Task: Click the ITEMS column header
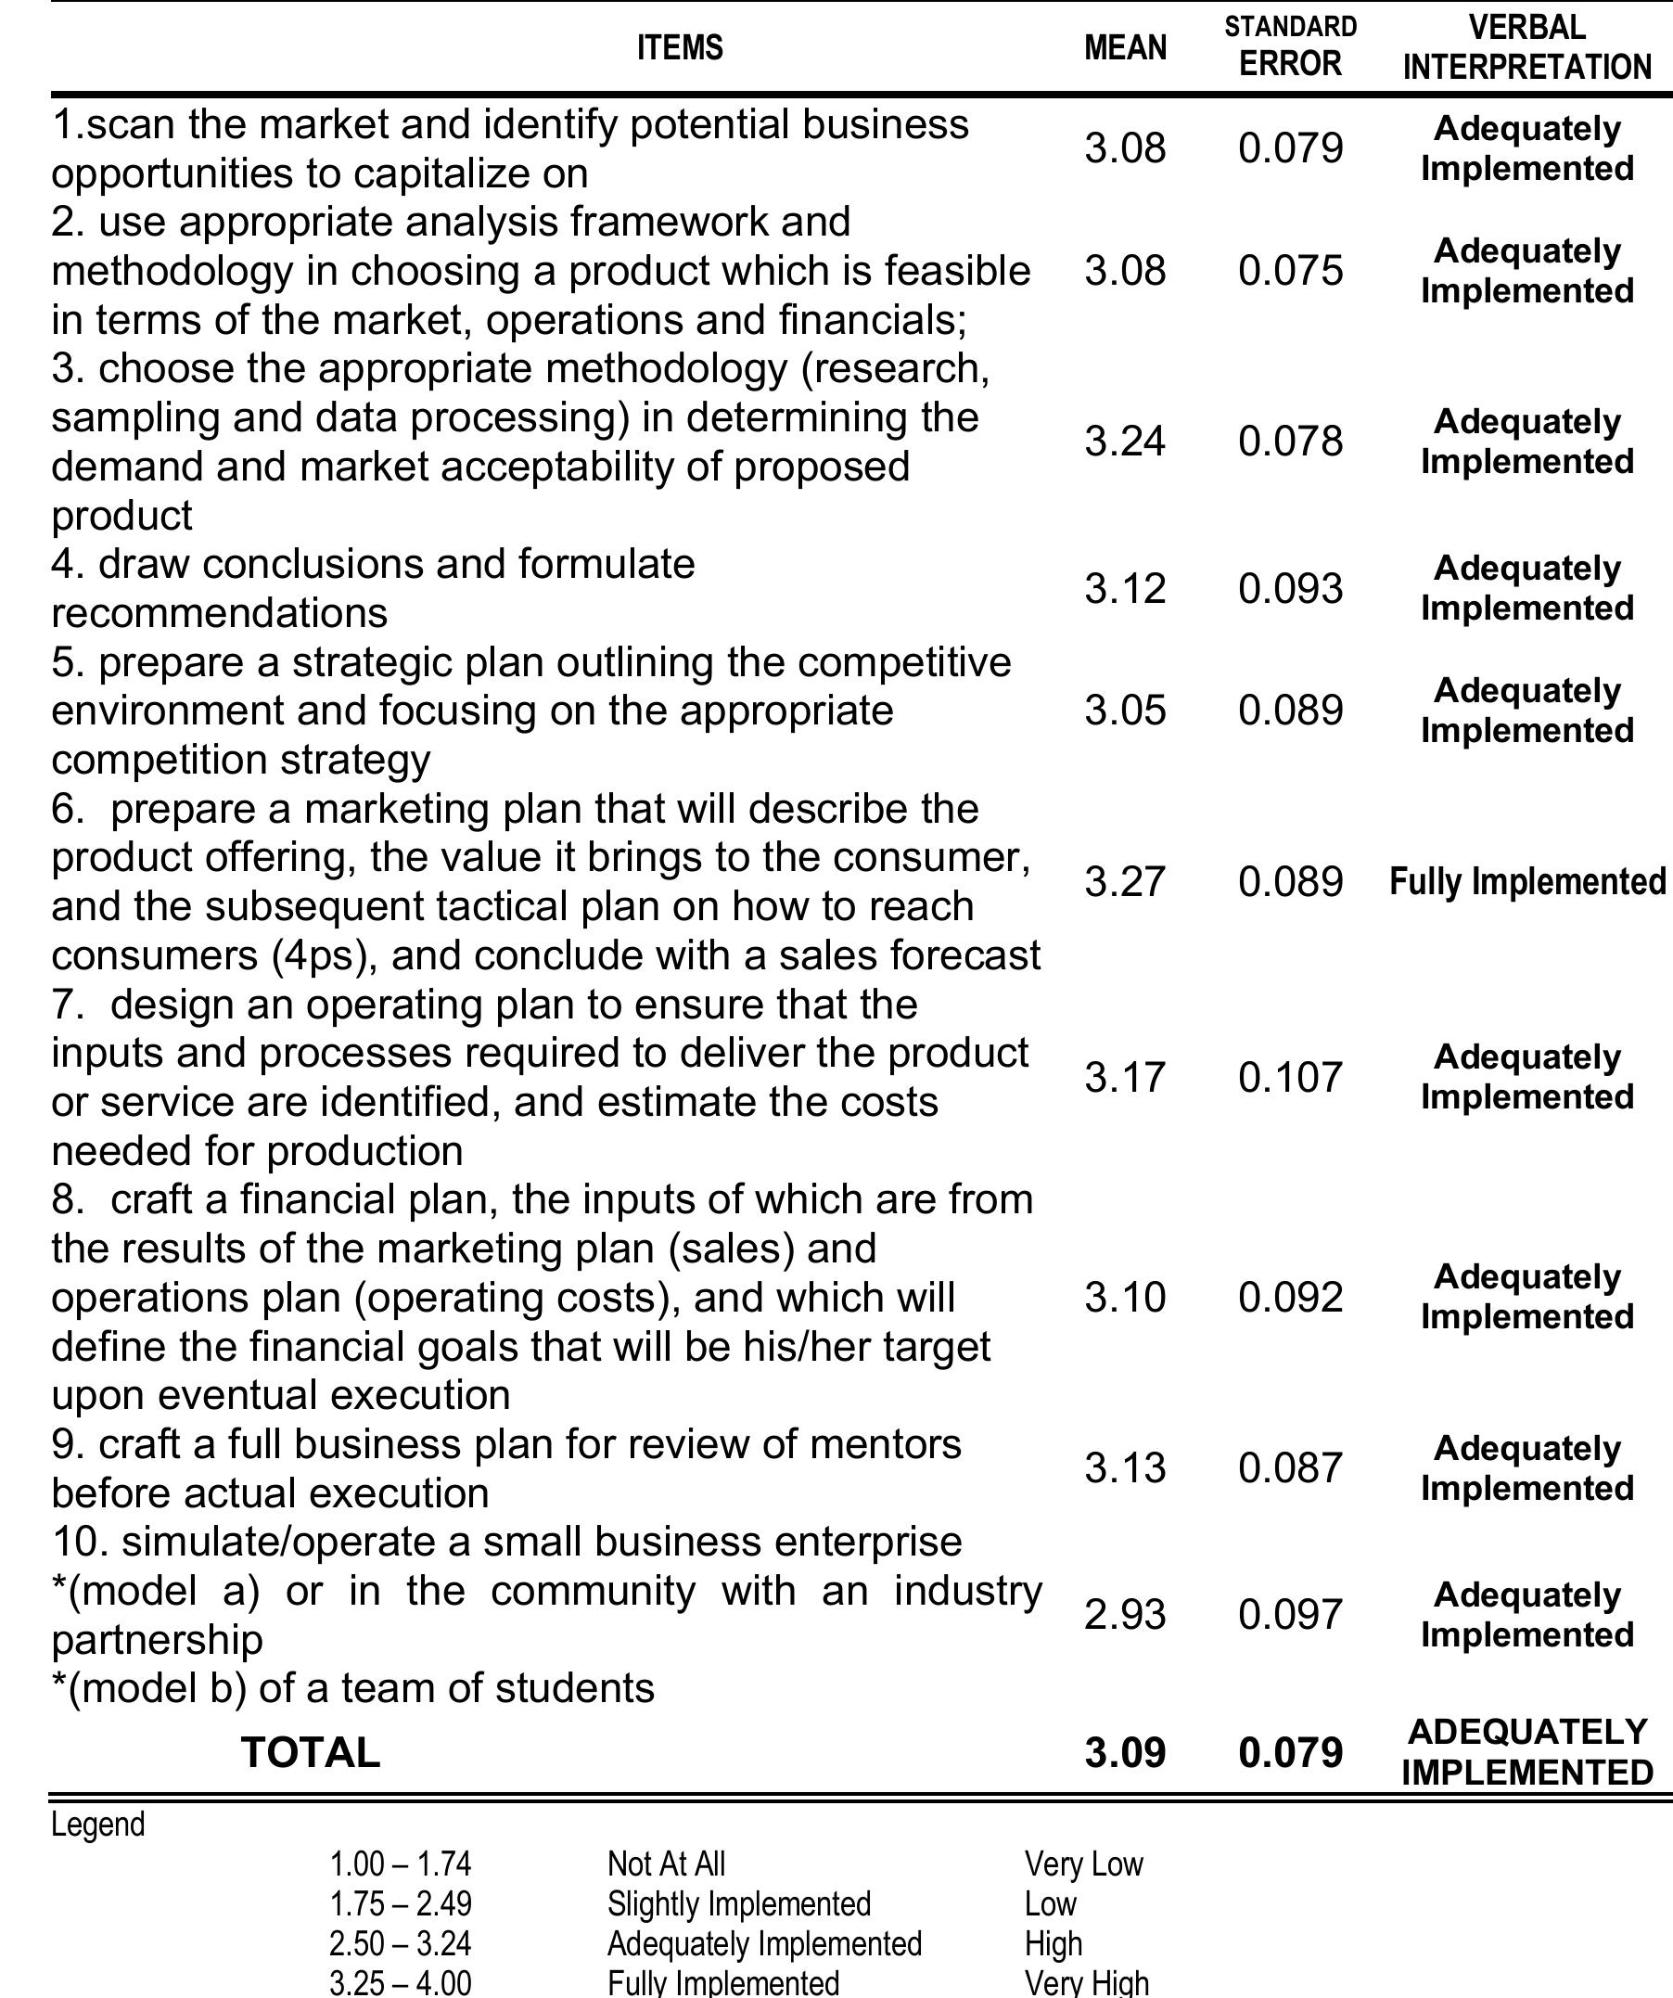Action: (x=679, y=47)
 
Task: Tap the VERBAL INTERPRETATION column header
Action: (x=1526, y=47)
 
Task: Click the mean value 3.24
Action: (x=1124, y=442)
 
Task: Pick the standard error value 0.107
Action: (x=1290, y=1078)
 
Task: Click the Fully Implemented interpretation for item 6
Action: (x=1526, y=882)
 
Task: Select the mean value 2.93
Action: (x=1124, y=1615)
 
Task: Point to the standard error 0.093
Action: (x=1290, y=589)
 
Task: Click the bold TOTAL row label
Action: (x=310, y=1752)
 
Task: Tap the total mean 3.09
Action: (x=1124, y=1752)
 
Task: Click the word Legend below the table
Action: (x=98, y=1825)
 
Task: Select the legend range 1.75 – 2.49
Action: (x=401, y=1903)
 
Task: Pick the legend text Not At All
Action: (x=666, y=1864)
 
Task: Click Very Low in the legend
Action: (x=1083, y=1864)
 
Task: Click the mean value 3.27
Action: (x=1124, y=882)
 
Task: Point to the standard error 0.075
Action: (x=1290, y=271)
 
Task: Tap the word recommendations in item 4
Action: (x=219, y=614)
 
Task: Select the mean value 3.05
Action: (x=1124, y=711)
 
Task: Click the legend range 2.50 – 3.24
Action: (x=401, y=1943)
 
